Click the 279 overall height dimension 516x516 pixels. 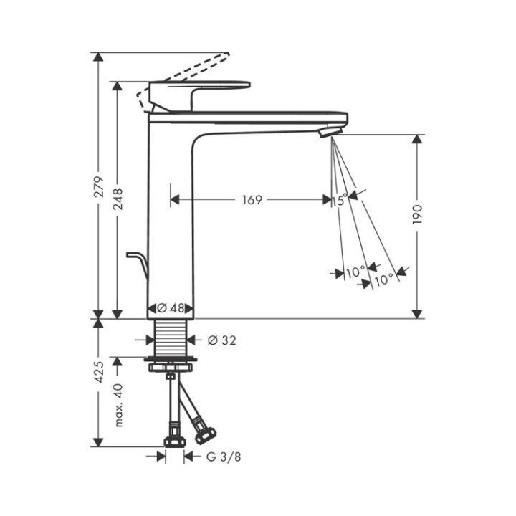(x=100, y=186)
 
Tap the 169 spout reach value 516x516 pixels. (x=251, y=200)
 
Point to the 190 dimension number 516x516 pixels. (x=419, y=214)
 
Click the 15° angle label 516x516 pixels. (x=340, y=200)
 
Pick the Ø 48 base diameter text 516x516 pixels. (x=171, y=307)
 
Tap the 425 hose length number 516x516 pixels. (x=100, y=373)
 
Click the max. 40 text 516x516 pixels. (x=119, y=406)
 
